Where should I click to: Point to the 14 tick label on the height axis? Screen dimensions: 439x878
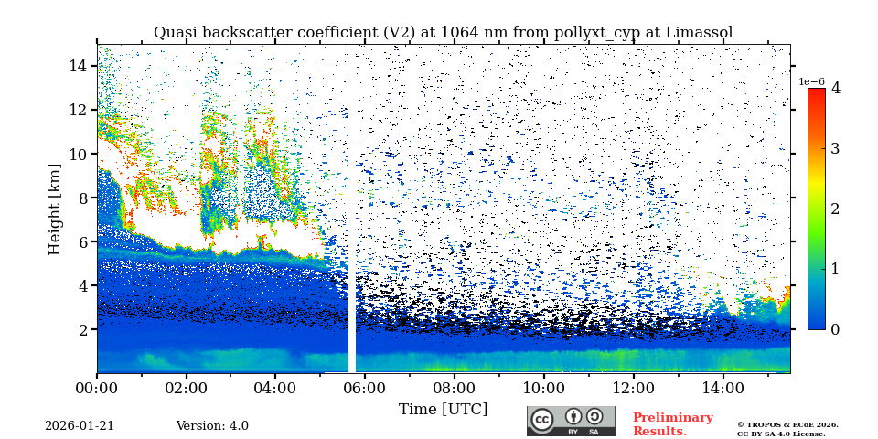coord(78,66)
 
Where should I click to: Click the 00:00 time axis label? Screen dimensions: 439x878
coord(97,388)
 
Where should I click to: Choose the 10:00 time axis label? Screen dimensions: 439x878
coord(543,388)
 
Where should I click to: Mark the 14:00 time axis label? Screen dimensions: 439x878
coord(723,388)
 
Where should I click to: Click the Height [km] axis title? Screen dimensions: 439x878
coord(55,209)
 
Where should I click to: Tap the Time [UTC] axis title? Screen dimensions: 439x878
coord(443,409)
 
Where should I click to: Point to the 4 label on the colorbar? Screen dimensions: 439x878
coord(835,89)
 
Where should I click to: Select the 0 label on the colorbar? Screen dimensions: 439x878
coord(835,329)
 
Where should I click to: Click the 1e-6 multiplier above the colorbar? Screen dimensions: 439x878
coord(812,81)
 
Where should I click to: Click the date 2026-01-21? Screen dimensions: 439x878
coord(80,426)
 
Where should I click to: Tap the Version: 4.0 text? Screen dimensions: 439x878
coord(212,426)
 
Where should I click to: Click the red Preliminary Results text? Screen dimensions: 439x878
coord(672,424)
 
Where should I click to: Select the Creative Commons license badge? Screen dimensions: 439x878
coord(571,421)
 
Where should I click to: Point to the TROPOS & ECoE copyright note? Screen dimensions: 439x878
coord(787,429)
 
